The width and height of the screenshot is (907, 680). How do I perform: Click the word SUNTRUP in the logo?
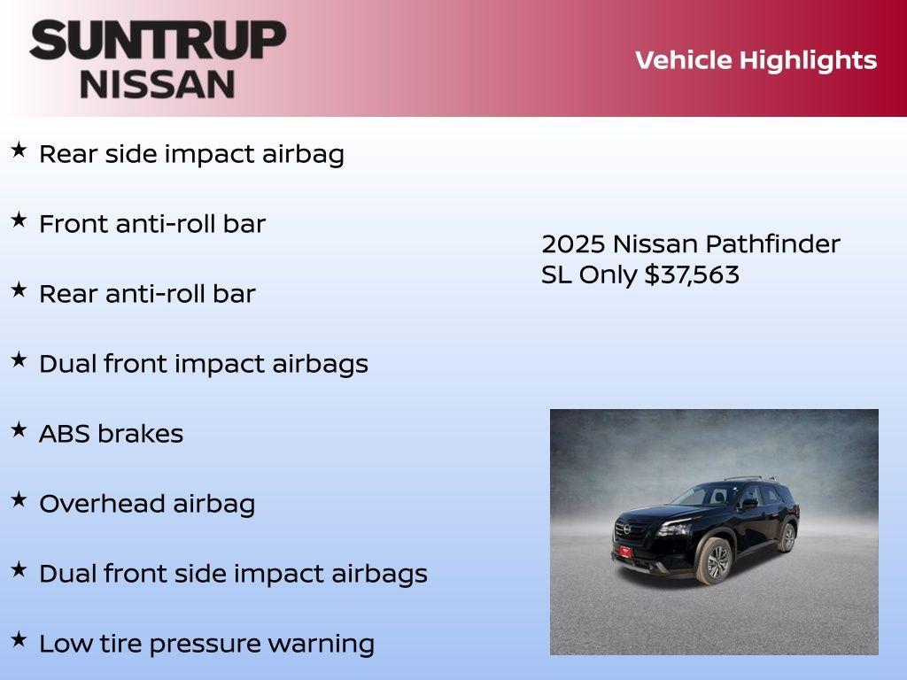[x=157, y=40]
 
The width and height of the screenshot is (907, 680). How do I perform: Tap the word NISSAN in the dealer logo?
[x=157, y=83]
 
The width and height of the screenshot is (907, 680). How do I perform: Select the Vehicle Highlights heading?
[x=756, y=60]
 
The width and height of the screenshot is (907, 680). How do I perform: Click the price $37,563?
[x=691, y=274]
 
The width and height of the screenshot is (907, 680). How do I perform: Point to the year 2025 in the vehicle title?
[x=573, y=243]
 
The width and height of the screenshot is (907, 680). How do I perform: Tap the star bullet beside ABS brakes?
[x=19, y=429]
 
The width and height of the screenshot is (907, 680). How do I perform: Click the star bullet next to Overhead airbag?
[x=19, y=499]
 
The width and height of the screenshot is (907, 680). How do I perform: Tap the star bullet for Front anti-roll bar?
[x=19, y=220]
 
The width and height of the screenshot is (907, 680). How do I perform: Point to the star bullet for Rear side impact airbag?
[x=19, y=150]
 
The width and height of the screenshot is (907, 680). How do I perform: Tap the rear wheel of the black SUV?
[x=786, y=537]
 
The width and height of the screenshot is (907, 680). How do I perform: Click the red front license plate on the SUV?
[x=625, y=552]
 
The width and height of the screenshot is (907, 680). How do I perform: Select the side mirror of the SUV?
[x=749, y=503]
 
